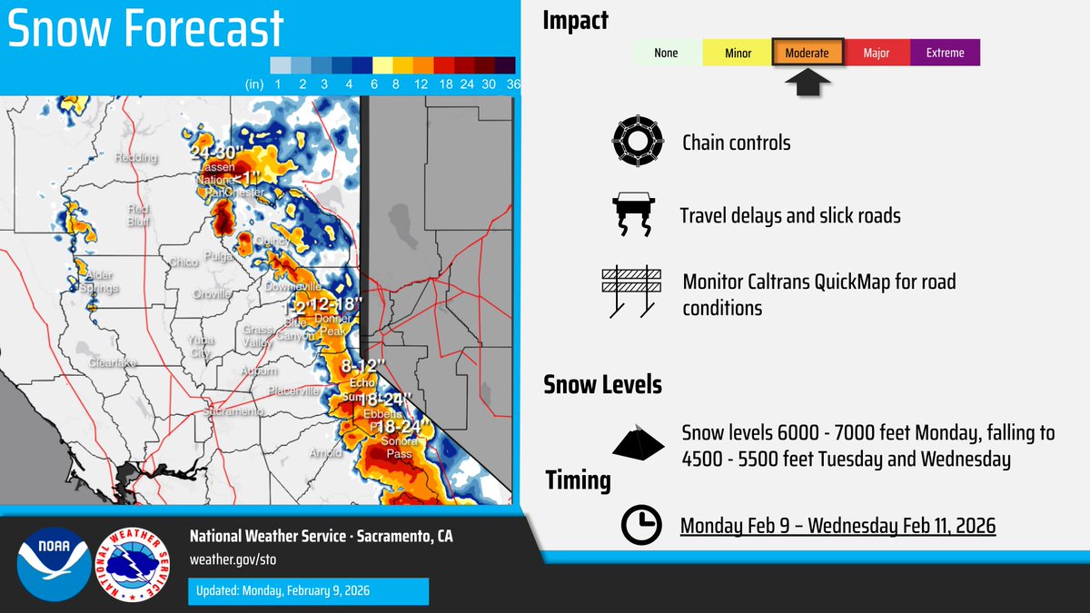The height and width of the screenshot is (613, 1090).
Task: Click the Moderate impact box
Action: pyautogui.click(x=808, y=53)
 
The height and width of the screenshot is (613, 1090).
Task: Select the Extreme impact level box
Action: pyautogui.click(x=945, y=53)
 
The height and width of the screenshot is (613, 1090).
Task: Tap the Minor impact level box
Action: pyautogui.click(x=738, y=53)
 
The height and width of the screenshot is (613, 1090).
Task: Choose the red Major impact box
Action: pyautogui.click(x=876, y=53)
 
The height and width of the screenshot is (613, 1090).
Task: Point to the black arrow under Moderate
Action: pyautogui.click(x=808, y=84)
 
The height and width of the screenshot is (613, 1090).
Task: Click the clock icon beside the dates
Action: pyautogui.click(x=641, y=525)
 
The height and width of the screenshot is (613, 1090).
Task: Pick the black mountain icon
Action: pyautogui.click(x=639, y=442)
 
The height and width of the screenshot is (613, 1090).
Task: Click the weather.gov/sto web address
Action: pyautogui.click(x=220, y=557)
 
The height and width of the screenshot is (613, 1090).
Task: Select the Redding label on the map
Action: pyautogui.click(x=135, y=158)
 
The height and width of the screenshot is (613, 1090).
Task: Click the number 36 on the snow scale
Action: pyautogui.click(x=513, y=84)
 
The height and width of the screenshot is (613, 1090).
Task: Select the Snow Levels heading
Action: pyautogui.click(x=601, y=384)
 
